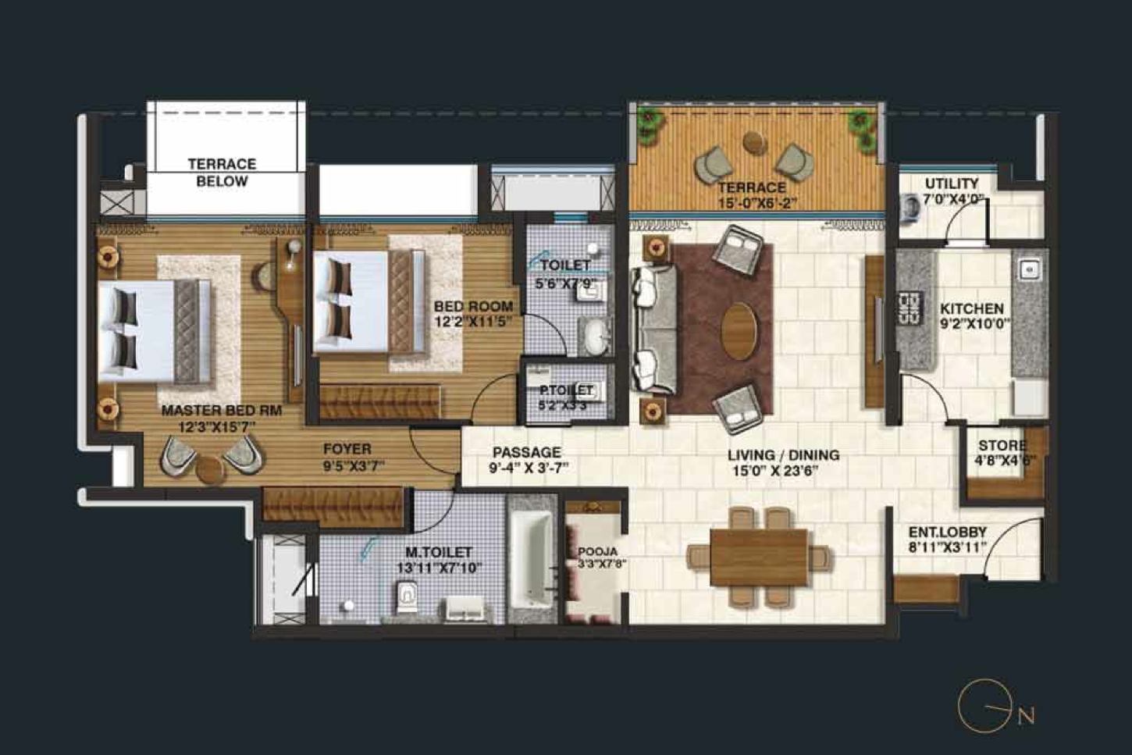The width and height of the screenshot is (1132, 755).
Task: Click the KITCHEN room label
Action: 971,308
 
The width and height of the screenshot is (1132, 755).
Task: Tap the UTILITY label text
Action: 951,183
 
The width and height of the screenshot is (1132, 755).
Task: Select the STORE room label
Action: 1002,446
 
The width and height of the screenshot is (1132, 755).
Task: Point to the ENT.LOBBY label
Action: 947,532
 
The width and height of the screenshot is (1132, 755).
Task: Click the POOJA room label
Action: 597,551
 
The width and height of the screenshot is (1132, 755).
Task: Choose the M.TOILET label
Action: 438,552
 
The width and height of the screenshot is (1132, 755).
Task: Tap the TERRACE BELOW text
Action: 222,173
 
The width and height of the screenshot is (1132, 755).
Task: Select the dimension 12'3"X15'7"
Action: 219,427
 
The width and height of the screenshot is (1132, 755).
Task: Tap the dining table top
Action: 758,557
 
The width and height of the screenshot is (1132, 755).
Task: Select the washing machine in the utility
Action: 911,207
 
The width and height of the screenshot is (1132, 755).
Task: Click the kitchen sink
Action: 1029,270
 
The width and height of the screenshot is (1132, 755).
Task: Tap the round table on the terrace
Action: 754,142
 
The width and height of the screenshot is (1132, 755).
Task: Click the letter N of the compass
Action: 1026,715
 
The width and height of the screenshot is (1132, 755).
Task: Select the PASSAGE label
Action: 526,452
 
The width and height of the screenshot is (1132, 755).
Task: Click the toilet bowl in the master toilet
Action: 408,599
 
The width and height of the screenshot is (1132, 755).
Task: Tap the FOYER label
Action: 347,449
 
